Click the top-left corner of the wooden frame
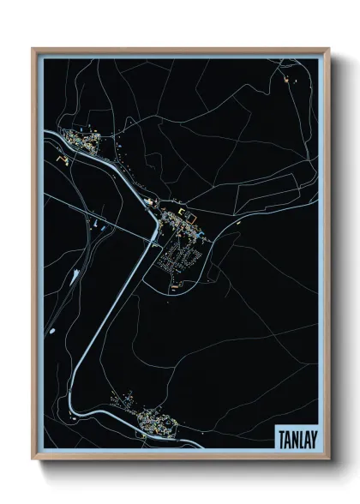pyautogui.click(x=33, y=49)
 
